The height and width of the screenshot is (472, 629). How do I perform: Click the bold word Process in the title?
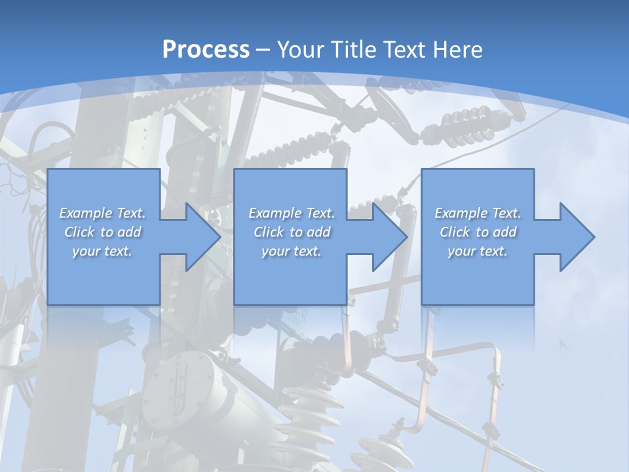point(206,50)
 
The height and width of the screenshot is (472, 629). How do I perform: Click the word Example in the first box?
point(86,213)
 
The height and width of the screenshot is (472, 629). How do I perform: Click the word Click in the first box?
point(79,232)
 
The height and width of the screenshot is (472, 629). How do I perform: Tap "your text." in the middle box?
point(291,251)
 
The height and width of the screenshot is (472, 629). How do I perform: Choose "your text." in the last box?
point(478,251)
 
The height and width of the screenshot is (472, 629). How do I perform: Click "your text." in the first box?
point(102,251)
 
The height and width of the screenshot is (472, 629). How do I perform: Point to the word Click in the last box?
point(455,232)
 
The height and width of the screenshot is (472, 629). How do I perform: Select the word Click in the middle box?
point(269,232)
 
